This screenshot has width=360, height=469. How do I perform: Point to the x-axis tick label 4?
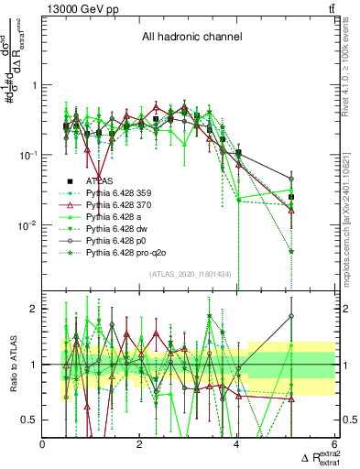point(237,443)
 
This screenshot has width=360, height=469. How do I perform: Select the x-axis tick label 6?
point(334,443)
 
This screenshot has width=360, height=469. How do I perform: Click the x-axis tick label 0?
point(43,443)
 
